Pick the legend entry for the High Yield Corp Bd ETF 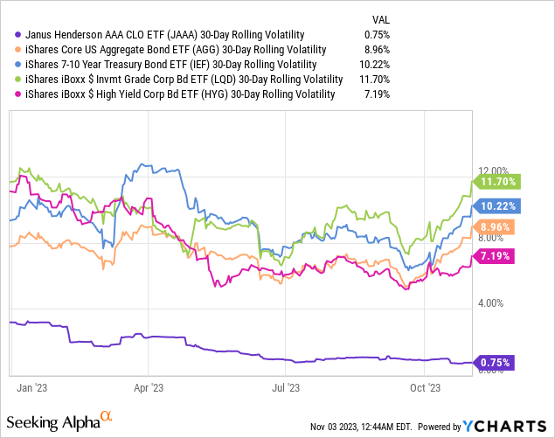(175, 94)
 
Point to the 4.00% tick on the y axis (494, 303)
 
